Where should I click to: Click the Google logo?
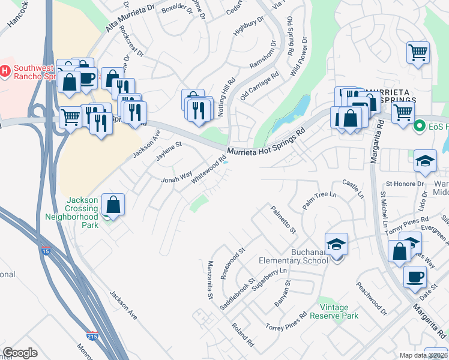pyautogui.click(x=20, y=353)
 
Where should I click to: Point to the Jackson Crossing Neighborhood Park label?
pyautogui.click(x=82, y=212)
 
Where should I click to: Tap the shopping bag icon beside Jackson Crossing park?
pyautogui.click(x=113, y=205)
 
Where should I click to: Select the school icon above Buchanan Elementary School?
pyautogui.click(x=337, y=244)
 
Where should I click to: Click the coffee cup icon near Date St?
pyautogui.click(x=415, y=277)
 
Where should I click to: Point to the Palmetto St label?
pyautogui.click(x=283, y=220)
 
